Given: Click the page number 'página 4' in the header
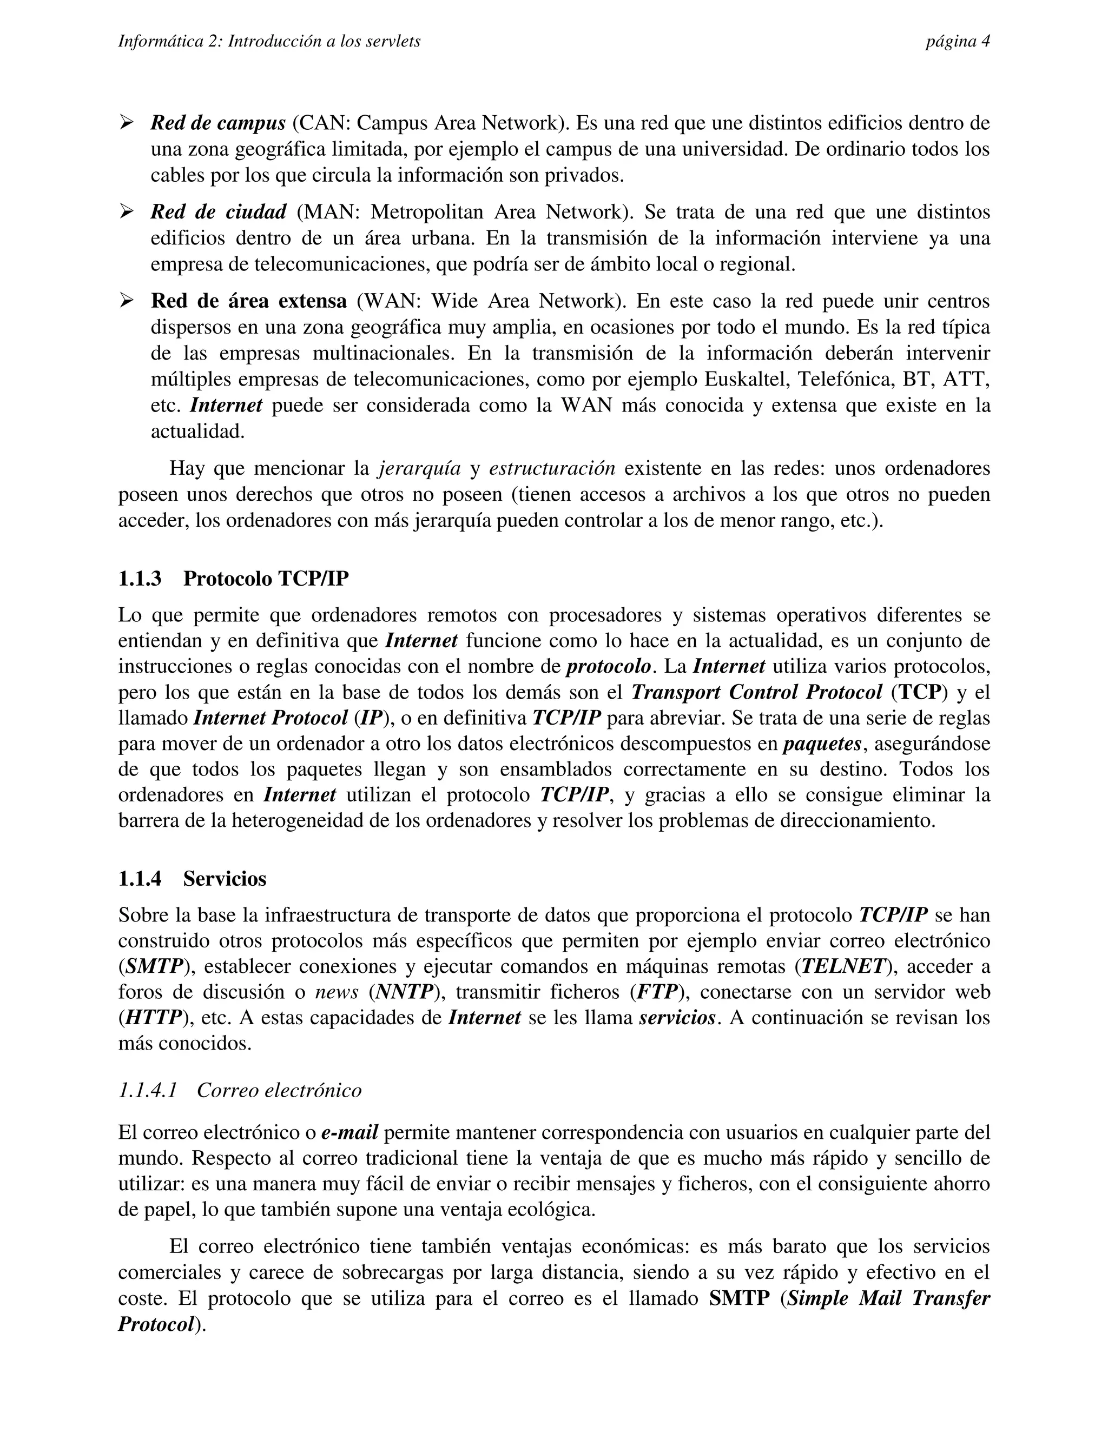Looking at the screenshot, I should [957, 42].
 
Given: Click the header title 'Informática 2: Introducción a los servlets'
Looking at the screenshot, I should [269, 42].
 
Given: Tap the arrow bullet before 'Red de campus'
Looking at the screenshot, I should [126, 122].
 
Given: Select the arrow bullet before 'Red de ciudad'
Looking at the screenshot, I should [126, 211].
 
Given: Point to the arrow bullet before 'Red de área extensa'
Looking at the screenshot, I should [126, 301].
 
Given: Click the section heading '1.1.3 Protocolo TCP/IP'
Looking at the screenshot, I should [233, 579].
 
